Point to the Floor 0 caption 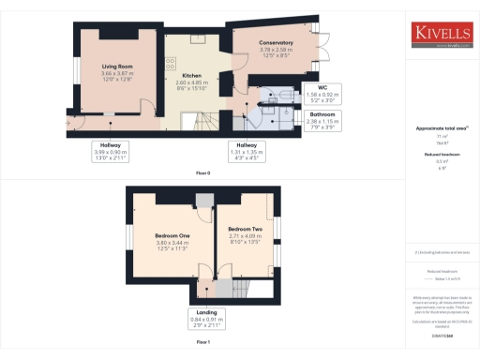tap(202, 173)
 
